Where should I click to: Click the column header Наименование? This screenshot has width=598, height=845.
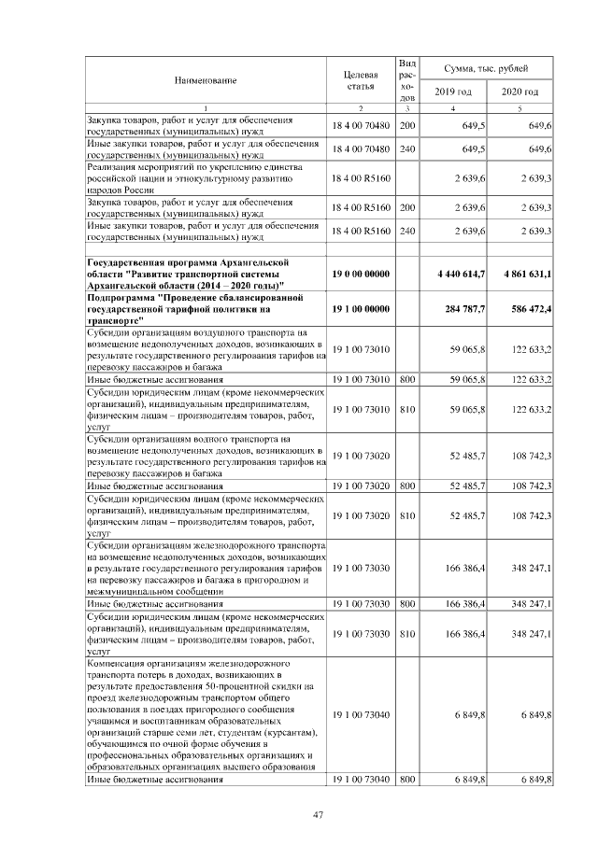204,80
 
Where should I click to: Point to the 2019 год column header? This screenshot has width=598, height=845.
453,92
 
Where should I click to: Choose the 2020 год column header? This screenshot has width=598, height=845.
520,92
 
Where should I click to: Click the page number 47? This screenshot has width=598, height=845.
318,815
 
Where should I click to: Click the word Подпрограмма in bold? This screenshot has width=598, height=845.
121,297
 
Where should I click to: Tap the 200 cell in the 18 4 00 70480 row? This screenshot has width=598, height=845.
406,125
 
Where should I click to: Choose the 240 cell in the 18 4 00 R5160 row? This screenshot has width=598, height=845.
406,230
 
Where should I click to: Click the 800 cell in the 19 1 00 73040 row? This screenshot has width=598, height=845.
406,779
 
